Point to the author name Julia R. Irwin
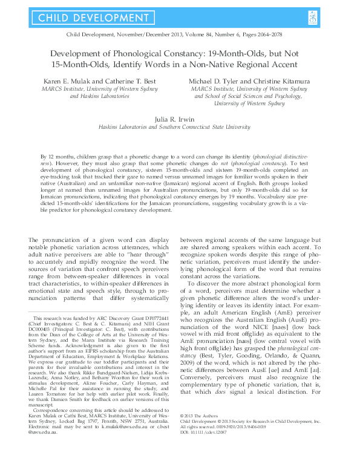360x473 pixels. click(180, 120)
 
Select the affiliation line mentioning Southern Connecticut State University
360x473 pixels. click(180, 128)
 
